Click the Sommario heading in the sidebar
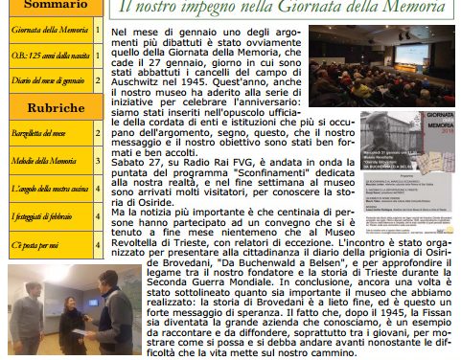(50, 5)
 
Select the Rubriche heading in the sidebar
(50, 107)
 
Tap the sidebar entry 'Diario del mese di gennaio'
(48, 80)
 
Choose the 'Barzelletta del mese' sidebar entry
(38, 134)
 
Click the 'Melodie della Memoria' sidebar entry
(44, 161)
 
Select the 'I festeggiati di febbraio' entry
(46, 218)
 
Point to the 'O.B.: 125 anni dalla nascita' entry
(48, 56)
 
